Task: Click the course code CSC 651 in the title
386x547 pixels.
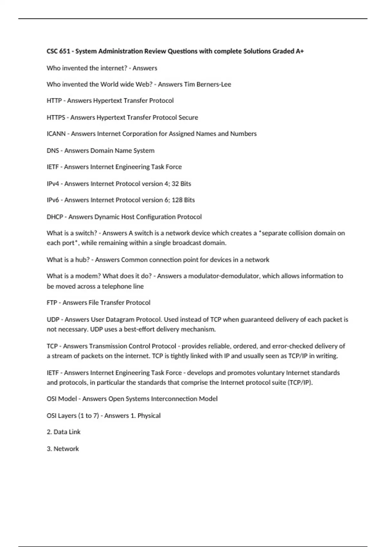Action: click(58, 51)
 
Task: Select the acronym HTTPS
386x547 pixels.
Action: click(56, 117)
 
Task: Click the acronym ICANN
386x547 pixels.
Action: click(56, 134)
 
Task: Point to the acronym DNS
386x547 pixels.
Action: click(53, 151)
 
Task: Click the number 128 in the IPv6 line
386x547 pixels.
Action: click(177, 200)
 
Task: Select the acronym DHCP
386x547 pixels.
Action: click(55, 217)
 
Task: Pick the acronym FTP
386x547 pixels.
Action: click(52, 303)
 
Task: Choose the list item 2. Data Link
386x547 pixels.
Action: click(63, 432)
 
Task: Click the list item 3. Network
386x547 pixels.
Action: click(63, 449)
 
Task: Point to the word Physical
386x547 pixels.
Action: click(149, 416)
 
